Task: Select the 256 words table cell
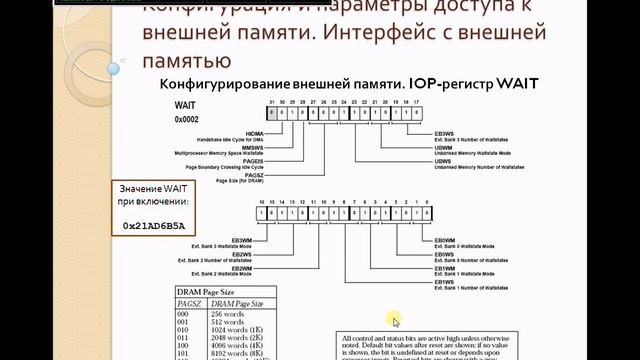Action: click(x=229, y=314)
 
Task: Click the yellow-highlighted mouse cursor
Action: click(x=396, y=320)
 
